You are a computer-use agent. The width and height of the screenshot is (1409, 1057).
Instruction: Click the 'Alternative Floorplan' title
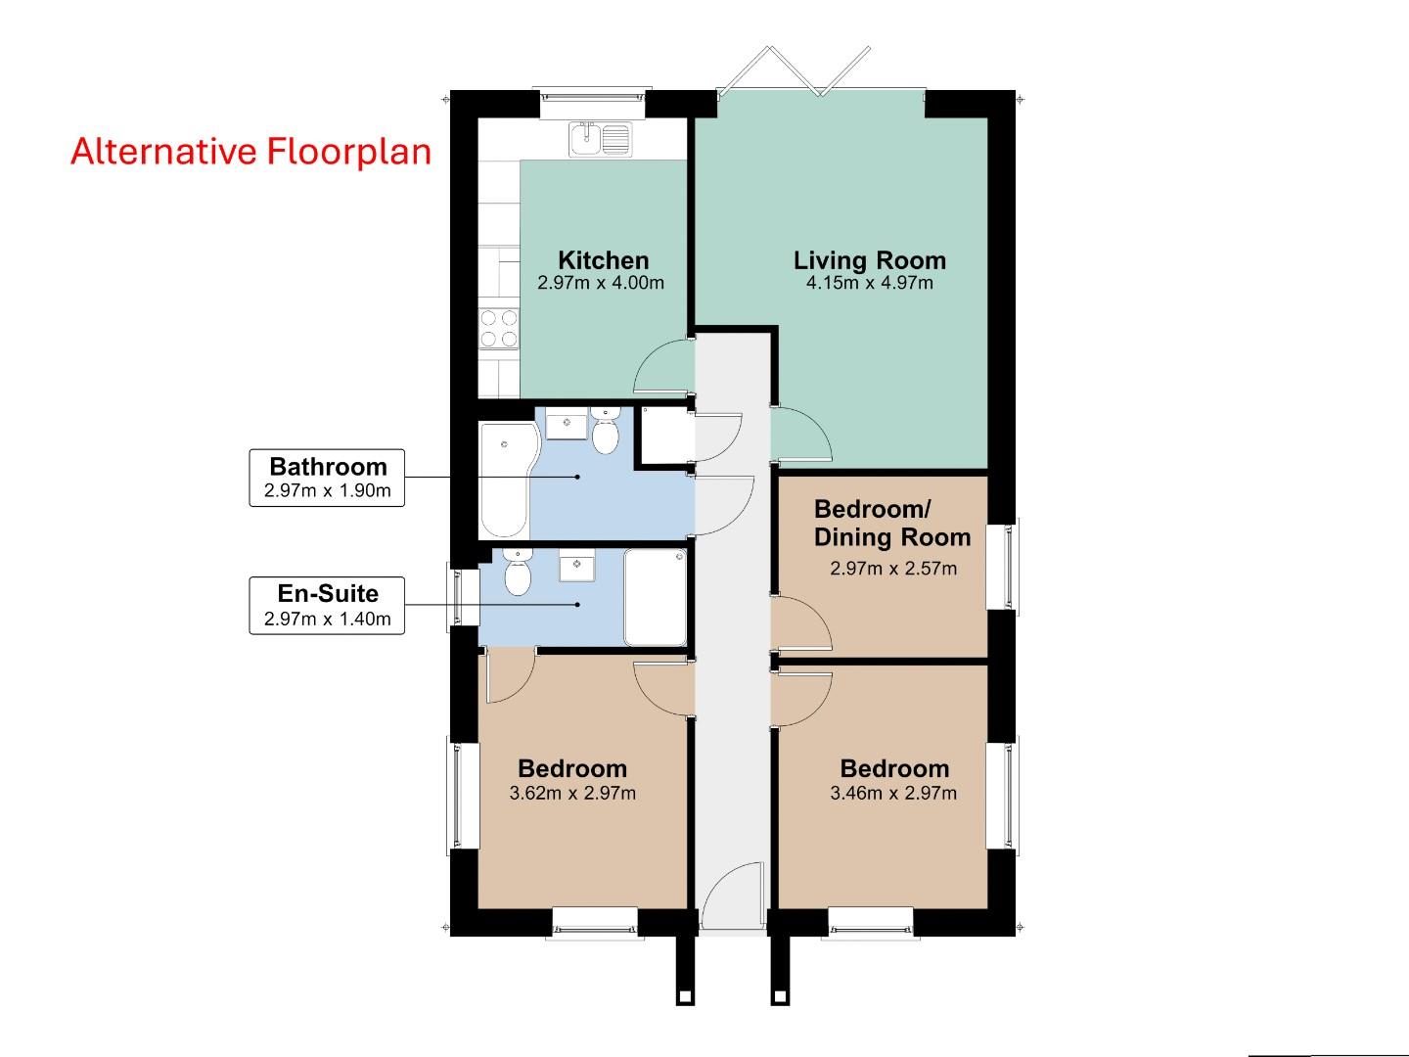[x=250, y=152]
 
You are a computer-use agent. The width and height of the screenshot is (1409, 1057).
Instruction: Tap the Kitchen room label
[x=603, y=260]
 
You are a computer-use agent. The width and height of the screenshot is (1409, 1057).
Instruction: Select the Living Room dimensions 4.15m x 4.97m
[x=869, y=284]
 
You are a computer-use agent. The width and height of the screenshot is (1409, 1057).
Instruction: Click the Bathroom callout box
[x=327, y=478]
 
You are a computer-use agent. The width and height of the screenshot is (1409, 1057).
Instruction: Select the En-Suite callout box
[x=327, y=605]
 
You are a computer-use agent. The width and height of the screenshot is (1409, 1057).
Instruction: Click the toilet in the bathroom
[x=606, y=433]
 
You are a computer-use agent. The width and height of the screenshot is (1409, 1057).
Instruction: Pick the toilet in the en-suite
[x=517, y=572]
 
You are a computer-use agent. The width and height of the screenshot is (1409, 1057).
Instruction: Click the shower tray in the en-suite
[x=656, y=597]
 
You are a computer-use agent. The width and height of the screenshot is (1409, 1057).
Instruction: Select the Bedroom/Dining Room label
[x=891, y=524]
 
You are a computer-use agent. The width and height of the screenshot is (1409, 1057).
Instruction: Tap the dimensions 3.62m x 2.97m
[x=572, y=794]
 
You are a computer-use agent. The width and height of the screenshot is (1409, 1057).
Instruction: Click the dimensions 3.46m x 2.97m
[x=893, y=794]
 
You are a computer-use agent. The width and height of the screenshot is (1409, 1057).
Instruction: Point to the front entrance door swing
[x=732, y=896]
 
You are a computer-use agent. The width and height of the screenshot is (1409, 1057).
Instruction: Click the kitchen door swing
[x=663, y=367]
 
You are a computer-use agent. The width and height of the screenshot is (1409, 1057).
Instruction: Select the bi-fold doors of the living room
[x=793, y=70]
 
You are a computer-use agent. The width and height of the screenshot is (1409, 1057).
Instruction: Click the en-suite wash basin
[x=577, y=566]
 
